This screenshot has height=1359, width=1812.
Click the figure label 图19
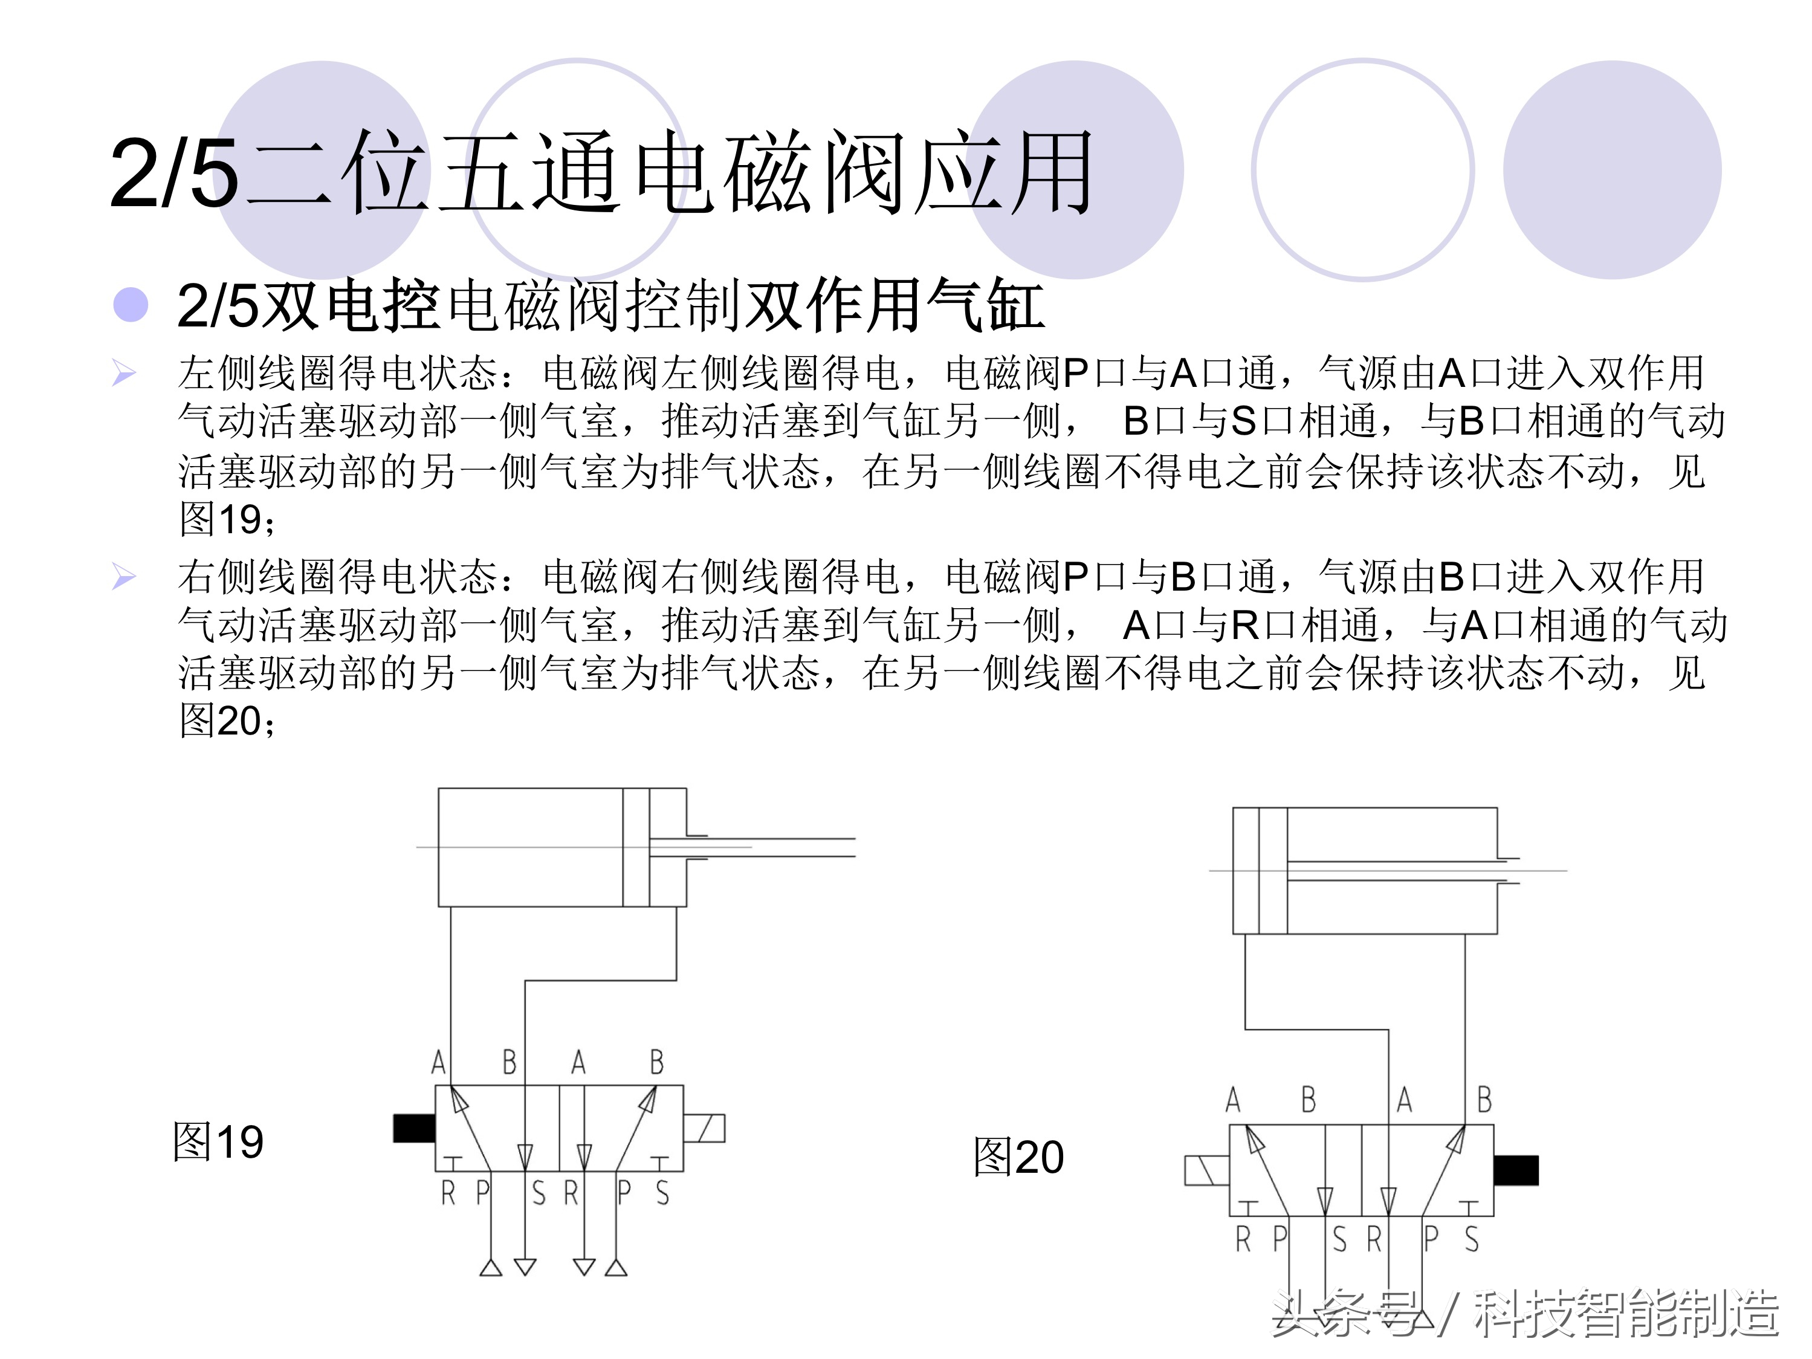click(x=218, y=1142)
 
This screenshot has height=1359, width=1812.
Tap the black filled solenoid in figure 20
click(x=1515, y=1170)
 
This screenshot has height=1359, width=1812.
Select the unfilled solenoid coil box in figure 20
click(x=1206, y=1170)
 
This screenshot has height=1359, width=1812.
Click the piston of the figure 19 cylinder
click(x=636, y=848)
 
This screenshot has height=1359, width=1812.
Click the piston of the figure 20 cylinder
click(x=1272, y=871)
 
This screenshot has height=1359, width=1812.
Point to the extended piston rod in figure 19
click(x=786, y=848)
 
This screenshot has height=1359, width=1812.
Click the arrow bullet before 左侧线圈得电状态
click(x=124, y=374)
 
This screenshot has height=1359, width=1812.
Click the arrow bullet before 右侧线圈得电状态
click(x=124, y=577)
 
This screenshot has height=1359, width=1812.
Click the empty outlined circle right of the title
click(x=1362, y=169)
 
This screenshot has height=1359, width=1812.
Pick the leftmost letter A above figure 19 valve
click(x=439, y=1062)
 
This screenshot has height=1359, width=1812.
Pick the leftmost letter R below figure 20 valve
click(x=1243, y=1239)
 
